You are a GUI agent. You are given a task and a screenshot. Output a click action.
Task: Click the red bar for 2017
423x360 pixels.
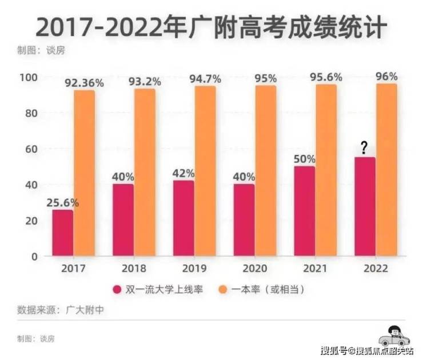pos(62,233)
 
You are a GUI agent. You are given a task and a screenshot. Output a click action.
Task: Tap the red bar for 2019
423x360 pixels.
pos(183,218)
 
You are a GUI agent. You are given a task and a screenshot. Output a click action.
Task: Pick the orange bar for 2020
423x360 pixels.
pos(265,171)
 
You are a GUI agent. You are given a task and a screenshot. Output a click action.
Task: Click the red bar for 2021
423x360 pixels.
pos(305,211)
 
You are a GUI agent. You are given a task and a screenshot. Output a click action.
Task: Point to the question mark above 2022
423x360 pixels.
pos(364,149)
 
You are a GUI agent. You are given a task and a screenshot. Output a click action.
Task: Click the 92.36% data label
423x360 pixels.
pos(84,83)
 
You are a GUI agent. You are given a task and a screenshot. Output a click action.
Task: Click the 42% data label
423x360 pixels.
pos(184,173)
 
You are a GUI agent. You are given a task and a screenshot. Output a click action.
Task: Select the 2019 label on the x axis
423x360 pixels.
pos(194,268)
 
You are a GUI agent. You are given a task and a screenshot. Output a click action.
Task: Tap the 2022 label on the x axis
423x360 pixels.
pos(376,268)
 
